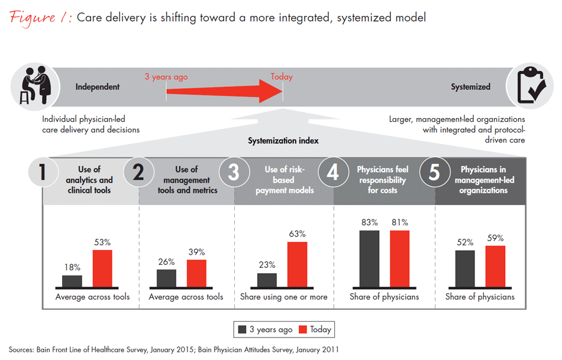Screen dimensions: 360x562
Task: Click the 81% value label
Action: [399, 222]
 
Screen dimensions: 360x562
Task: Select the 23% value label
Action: [267, 265]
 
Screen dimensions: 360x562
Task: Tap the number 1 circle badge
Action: [42, 172]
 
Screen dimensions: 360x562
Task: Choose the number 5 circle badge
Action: [434, 172]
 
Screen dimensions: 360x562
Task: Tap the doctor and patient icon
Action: [28, 86]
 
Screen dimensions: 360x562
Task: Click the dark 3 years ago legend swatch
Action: [242, 329]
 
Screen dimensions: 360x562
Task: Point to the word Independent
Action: [98, 87]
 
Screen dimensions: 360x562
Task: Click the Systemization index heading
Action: [283, 141]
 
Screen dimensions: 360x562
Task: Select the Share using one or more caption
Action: [283, 297]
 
